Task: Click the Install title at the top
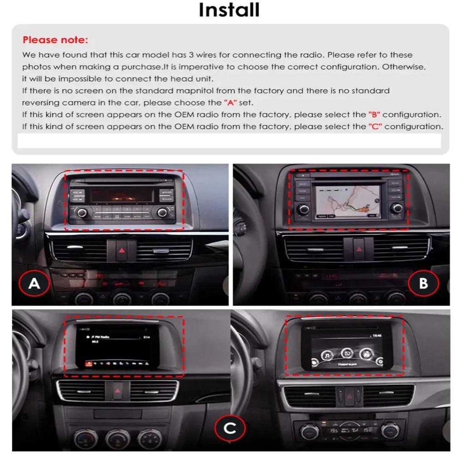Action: tap(229, 10)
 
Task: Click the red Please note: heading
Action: tap(55, 40)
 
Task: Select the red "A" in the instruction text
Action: tap(230, 103)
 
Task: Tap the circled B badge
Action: tap(423, 283)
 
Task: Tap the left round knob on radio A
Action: tap(82, 212)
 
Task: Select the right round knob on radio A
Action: tap(161, 212)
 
